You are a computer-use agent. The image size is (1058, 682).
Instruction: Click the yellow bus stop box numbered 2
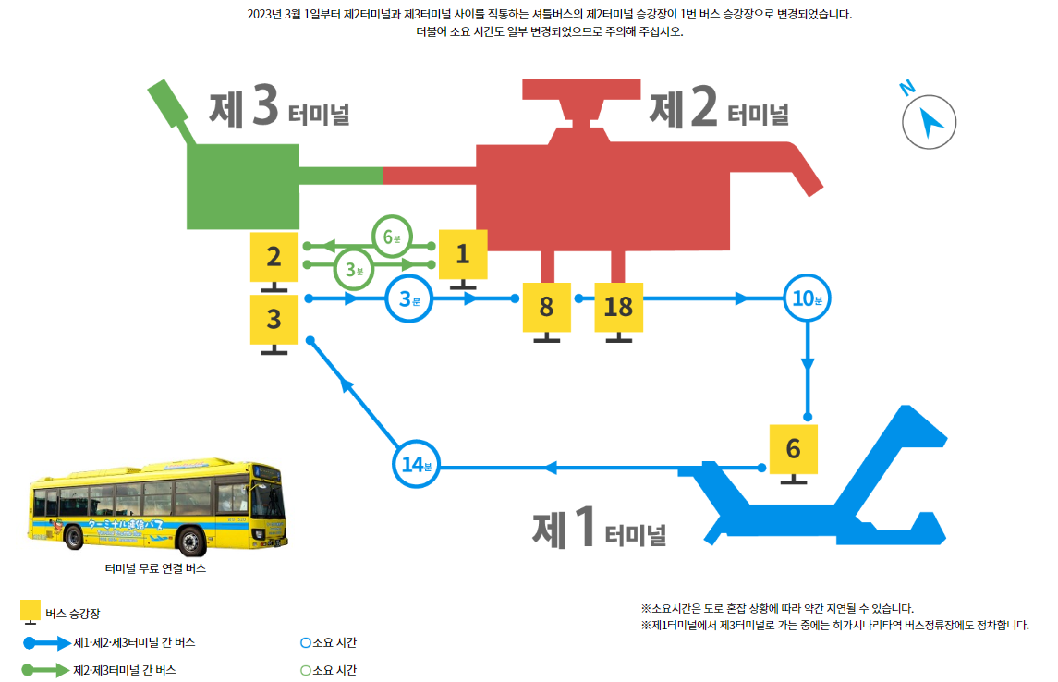[x=274, y=257]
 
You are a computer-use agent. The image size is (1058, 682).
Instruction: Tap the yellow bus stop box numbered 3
[x=274, y=320]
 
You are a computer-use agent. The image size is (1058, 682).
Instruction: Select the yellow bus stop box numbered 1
[x=463, y=253]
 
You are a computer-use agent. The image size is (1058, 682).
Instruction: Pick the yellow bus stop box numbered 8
[x=546, y=307]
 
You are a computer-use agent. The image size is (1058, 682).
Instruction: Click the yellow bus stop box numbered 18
[x=618, y=307]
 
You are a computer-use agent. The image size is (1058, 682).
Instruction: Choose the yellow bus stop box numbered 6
[x=793, y=449]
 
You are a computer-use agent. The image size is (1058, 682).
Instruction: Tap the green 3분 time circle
[x=352, y=269]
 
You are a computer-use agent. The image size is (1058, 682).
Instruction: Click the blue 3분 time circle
[x=408, y=298]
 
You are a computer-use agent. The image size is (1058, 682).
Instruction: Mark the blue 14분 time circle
[x=417, y=463]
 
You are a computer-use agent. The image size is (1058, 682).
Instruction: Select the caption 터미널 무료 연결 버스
[x=155, y=568]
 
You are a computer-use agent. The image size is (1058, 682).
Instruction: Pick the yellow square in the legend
[x=30, y=612]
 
